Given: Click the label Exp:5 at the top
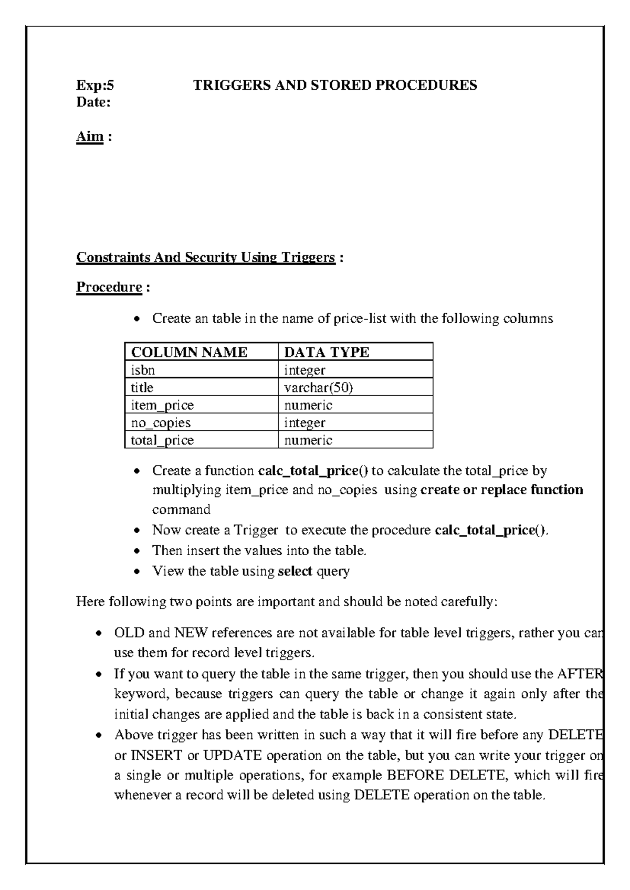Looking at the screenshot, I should [x=95, y=85].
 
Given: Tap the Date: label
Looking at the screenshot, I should [x=93, y=102].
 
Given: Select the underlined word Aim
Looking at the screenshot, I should [x=90, y=136].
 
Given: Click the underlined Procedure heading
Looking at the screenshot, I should [x=109, y=287].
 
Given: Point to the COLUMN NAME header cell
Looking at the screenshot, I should [x=189, y=352].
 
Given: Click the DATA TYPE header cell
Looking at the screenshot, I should [x=327, y=352].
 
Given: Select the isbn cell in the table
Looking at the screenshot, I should [x=143, y=370].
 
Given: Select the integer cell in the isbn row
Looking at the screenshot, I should [x=304, y=370].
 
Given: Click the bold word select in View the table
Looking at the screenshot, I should [x=295, y=571].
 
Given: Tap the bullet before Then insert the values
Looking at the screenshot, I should [x=137, y=551].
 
